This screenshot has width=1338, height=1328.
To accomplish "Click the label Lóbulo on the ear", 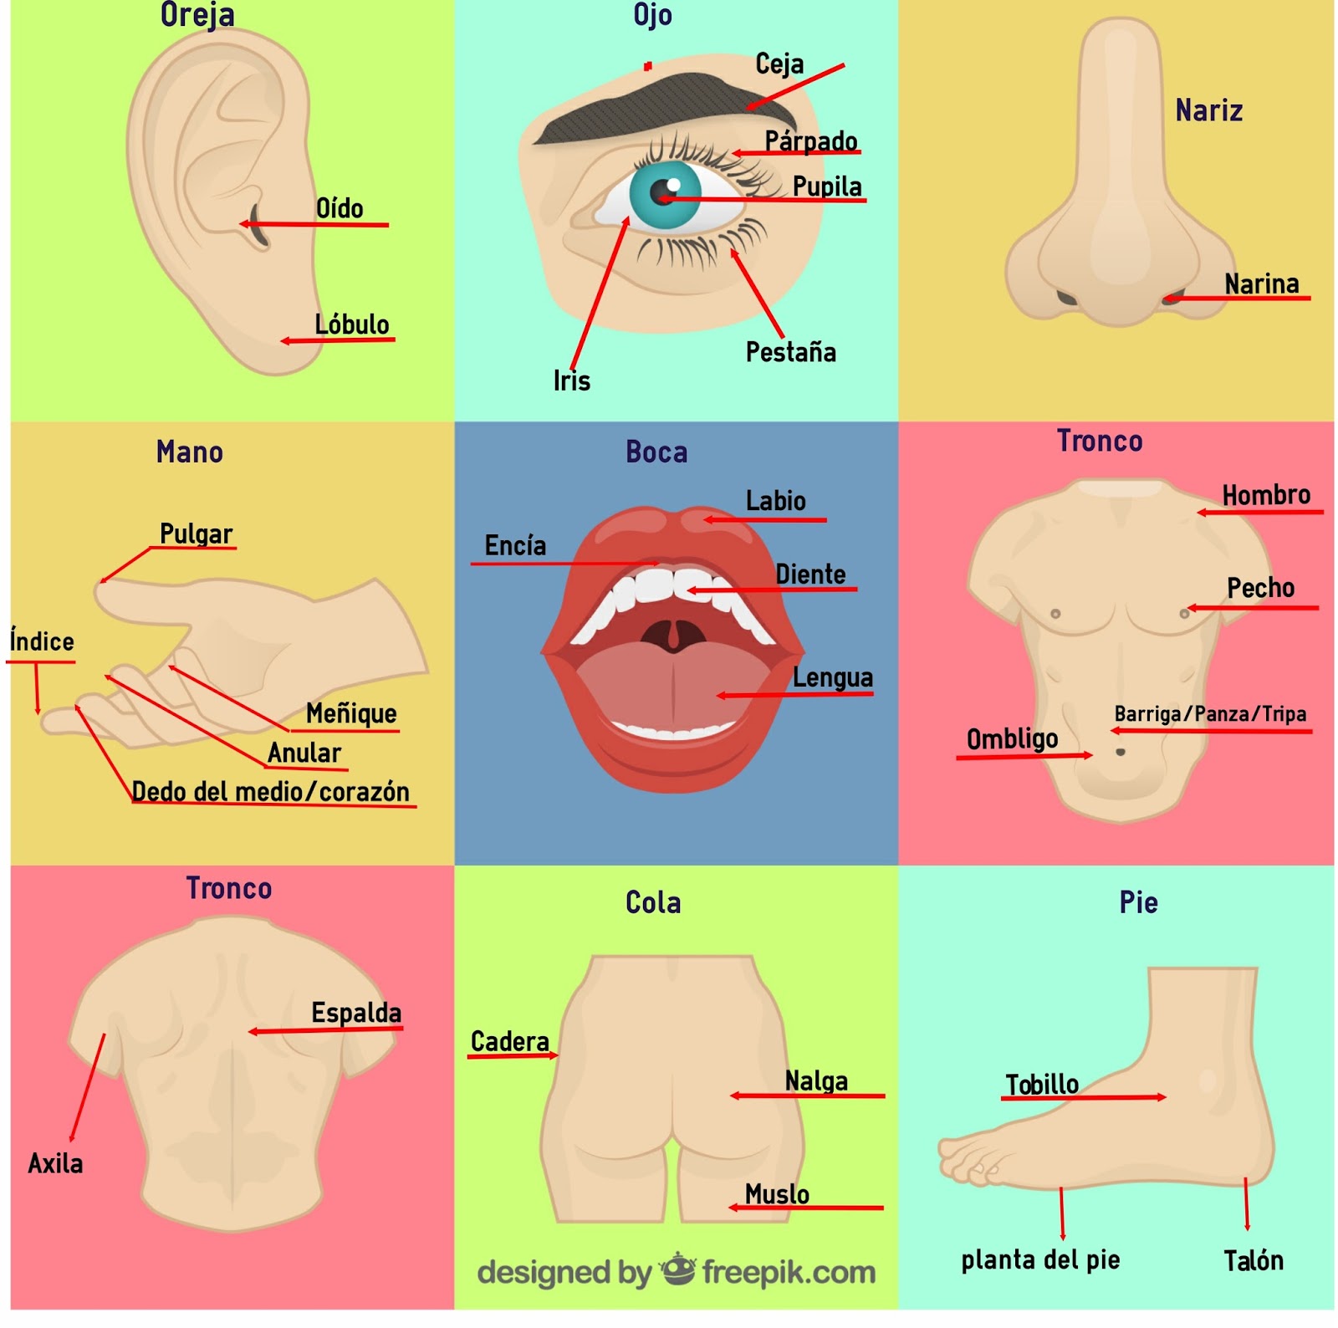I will (x=351, y=324).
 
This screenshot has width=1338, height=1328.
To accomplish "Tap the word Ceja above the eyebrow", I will (x=779, y=64).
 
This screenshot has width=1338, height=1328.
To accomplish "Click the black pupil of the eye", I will (x=661, y=193).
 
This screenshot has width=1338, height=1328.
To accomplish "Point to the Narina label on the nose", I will (x=1261, y=284).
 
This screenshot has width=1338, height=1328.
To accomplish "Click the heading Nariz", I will (x=1208, y=110).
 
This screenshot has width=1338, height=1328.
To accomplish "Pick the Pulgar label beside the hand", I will (x=196, y=534).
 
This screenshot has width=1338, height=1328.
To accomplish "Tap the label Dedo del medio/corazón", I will (x=270, y=791).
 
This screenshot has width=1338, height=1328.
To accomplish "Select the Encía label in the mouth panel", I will (x=515, y=546).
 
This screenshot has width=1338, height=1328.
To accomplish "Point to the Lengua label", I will (x=832, y=677).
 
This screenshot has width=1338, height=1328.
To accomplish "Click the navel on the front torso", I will (x=1120, y=753).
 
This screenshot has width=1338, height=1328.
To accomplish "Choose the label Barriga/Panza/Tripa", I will (x=1209, y=714).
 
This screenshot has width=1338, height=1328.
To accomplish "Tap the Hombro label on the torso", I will (x=1265, y=495).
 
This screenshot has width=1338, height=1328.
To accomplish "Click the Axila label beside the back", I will (x=55, y=1163).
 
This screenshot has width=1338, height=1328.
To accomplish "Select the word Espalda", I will (x=356, y=1013).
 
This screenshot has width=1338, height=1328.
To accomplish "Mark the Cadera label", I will (x=509, y=1042).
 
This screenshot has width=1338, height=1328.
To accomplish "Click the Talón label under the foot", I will (x=1253, y=1260).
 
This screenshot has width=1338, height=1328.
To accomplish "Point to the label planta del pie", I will (x=1040, y=1259).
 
